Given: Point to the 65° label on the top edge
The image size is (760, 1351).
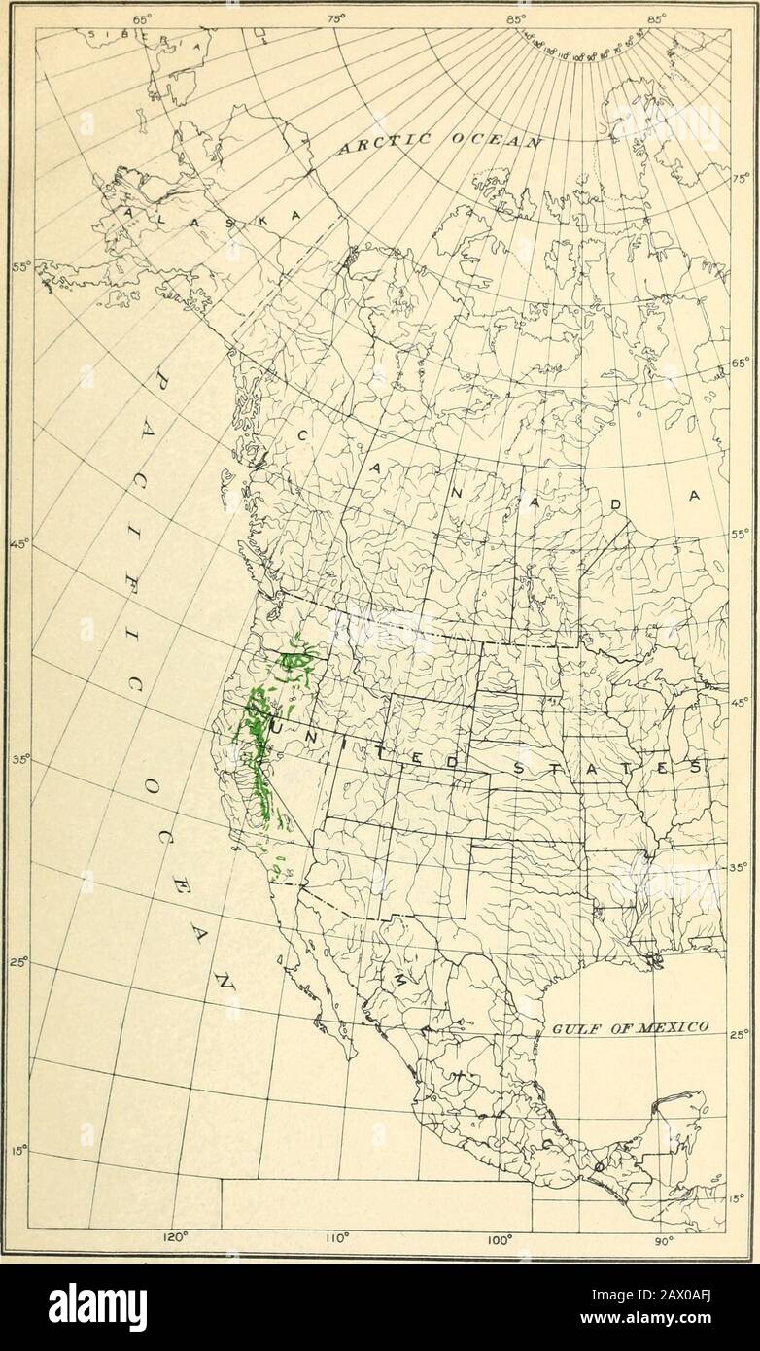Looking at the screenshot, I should [x=143, y=17].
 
